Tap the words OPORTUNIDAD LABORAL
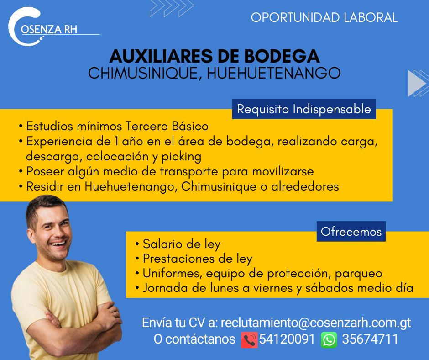point(324,17)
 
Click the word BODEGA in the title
point(282,56)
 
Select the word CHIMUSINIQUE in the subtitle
point(143,74)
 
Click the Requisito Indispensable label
point(304,109)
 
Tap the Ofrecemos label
point(351,232)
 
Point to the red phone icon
point(249,340)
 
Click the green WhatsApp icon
point(329,340)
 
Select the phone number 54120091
point(287,339)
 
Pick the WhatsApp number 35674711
point(370,339)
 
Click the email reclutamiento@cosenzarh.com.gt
point(316,323)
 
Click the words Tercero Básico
point(167,126)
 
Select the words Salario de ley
point(181,244)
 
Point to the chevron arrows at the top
point(172,8)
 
